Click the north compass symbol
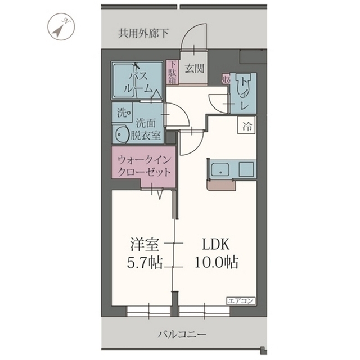pyautogui.click(x=61, y=27)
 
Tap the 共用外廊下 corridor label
pyautogui.click(x=143, y=34)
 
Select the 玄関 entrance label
pyautogui.click(x=195, y=68)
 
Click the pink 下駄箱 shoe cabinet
pyautogui.click(x=173, y=73)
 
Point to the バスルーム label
pyautogui.click(x=138, y=82)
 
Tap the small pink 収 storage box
pyautogui.click(x=226, y=79)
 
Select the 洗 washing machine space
pyautogui.click(x=122, y=112)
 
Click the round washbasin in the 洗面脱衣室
pyautogui.click(x=121, y=134)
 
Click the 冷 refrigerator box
pyautogui.click(x=247, y=125)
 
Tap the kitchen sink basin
pyautogui.click(x=220, y=169)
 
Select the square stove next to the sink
pyautogui.click(x=246, y=169)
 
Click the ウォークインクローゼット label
pyautogui.click(x=144, y=166)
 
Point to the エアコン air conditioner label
pyautogui.click(x=241, y=300)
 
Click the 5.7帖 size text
pyautogui.click(x=145, y=263)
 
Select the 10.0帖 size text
pyautogui.click(x=217, y=262)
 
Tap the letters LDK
pyautogui.click(x=215, y=244)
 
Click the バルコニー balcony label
pyautogui.click(x=182, y=334)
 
